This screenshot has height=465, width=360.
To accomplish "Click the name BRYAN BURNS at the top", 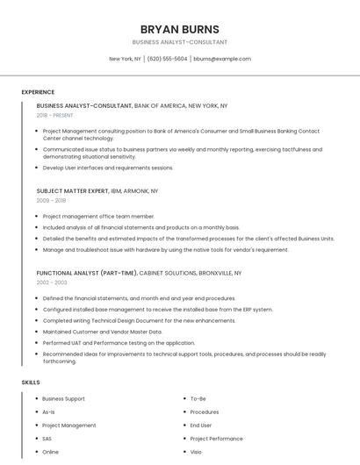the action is pyautogui.click(x=179, y=29).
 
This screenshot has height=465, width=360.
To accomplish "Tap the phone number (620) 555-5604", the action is pyautogui.click(x=167, y=59).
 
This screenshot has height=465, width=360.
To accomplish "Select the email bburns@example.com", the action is pyautogui.click(x=222, y=59).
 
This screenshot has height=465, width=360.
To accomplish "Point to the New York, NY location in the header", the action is pyautogui.click(x=125, y=59).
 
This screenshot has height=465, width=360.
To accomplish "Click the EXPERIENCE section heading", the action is pyautogui.click(x=38, y=92).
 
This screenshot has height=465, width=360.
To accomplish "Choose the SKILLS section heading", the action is pyautogui.click(x=31, y=383).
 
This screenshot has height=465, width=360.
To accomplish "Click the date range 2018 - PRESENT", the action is pyautogui.click(x=54, y=115).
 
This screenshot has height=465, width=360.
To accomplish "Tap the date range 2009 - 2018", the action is pyautogui.click(x=51, y=200).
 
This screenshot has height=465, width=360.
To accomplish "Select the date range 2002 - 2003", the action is pyautogui.click(x=51, y=283).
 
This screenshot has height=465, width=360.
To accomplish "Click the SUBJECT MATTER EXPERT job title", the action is pyautogui.click(x=73, y=190).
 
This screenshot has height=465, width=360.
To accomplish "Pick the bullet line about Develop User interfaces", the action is pyautogui.click(x=108, y=168).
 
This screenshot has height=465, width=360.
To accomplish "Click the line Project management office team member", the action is pyautogui.click(x=98, y=216).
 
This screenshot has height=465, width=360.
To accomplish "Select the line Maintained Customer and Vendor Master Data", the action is pyautogui.click(x=102, y=332).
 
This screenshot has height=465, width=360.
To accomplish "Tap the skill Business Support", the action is pyautogui.click(x=63, y=398).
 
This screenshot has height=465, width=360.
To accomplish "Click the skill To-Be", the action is pyautogui.click(x=198, y=398).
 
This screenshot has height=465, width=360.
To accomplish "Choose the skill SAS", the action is pyautogui.click(x=47, y=439).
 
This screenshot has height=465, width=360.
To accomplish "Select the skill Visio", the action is pyautogui.click(x=197, y=452).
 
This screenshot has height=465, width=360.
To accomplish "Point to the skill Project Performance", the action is pyautogui.click(x=216, y=439).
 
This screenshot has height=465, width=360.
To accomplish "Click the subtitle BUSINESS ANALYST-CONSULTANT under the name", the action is pyautogui.click(x=179, y=42).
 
